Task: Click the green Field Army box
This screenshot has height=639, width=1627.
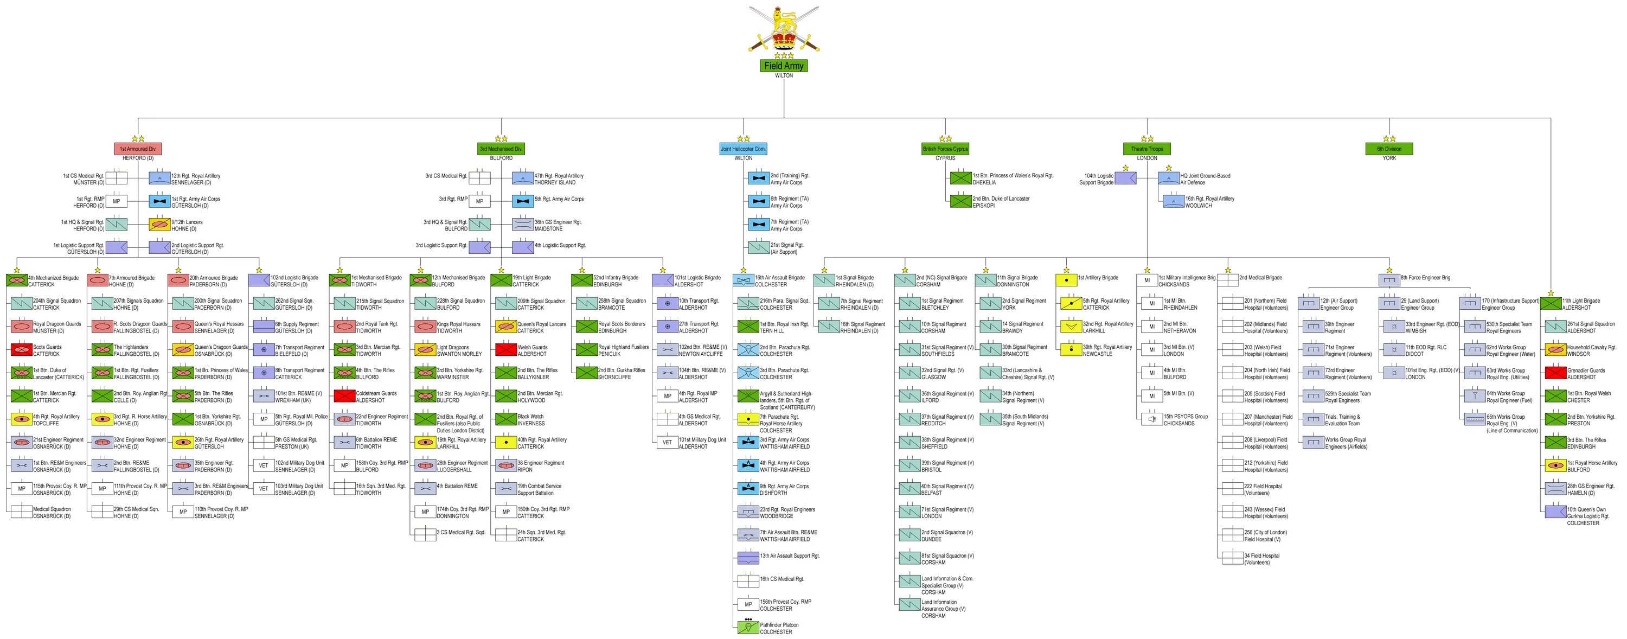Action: tap(784, 66)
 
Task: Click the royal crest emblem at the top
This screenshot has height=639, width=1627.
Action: tap(784, 30)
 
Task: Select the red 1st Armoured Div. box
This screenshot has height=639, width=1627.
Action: tap(138, 149)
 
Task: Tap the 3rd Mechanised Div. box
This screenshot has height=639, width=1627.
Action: tap(501, 149)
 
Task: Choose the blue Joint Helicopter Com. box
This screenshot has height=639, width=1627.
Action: tap(744, 149)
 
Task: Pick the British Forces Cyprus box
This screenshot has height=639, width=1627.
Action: tap(945, 149)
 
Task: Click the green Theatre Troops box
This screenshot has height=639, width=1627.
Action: tap(1147, 149)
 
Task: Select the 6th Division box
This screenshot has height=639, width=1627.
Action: tap(1389, 149)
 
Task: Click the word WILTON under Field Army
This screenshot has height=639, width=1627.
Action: tap(784, 76)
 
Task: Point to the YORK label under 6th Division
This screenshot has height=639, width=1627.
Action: tap(1389, 158)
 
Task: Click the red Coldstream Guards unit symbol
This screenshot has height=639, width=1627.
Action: tap(344, 396)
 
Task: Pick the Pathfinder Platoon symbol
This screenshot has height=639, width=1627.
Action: tap(748, 628)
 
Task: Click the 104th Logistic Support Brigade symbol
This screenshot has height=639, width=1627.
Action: tap(1125, 178)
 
